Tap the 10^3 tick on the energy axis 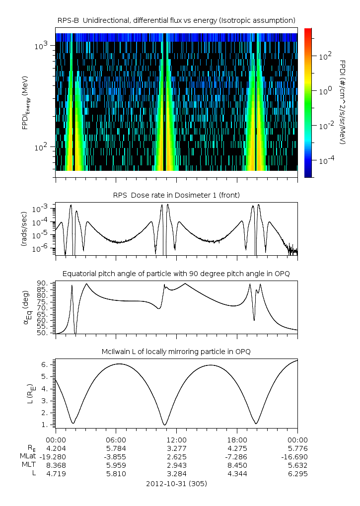point(40,46)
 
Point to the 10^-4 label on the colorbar point(325,161)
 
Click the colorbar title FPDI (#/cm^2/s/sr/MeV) point(343,102)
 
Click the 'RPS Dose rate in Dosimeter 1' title point(176,195)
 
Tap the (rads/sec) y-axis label point(24,228)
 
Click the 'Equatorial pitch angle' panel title point(176,274)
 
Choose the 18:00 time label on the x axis point(237,440)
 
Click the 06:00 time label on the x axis point(116,440)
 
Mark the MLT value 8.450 point(237,465)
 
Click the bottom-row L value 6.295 point(297,474)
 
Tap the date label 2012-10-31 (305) point(176,484)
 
